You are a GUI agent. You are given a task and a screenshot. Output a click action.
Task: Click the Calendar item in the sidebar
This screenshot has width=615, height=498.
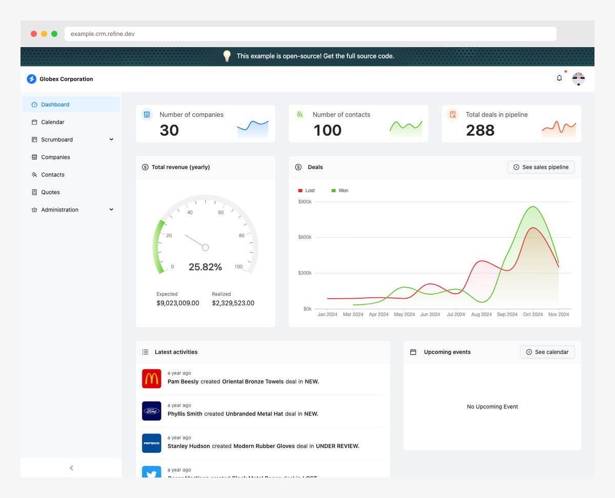[52, 122]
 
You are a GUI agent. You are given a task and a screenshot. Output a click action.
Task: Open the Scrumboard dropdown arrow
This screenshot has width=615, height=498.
[111, 139]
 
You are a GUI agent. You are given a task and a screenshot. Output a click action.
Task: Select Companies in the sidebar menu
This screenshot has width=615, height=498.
[55, 157]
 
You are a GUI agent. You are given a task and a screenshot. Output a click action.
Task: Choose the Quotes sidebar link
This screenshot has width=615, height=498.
[50, 192]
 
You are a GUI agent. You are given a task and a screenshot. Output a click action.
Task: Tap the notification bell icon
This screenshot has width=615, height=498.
[559, 78]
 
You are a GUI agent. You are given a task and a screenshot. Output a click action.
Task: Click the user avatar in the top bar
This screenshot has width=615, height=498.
[579, 78]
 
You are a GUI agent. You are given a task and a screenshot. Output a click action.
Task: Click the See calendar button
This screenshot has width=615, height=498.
[547, 352]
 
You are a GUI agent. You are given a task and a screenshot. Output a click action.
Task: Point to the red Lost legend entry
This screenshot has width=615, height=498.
[307, 191]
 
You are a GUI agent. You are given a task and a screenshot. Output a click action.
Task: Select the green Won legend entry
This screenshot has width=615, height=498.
[340, 191]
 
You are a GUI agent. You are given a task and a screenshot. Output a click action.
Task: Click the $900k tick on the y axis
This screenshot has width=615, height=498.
[304, 202]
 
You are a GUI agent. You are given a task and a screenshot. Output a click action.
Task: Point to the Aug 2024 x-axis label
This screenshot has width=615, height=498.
[481, 315]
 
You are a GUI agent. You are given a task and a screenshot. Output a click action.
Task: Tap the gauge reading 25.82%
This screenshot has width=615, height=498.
[205, 267]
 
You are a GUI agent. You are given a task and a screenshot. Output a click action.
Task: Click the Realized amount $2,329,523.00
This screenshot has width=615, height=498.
[233, 303]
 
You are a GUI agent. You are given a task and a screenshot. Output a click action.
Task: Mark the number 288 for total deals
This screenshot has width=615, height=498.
[480, 131]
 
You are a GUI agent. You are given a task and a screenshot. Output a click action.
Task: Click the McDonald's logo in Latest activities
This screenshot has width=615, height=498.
[152, 379]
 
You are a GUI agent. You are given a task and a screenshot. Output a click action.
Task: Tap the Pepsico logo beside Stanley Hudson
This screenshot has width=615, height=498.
[152, 443]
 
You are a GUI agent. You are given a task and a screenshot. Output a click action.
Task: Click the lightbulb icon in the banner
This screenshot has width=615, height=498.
[227, 56]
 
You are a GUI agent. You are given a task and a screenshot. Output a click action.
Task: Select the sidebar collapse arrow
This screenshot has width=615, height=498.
[71, 468]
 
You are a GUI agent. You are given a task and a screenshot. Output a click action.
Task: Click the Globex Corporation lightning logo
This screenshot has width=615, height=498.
[32, 79]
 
